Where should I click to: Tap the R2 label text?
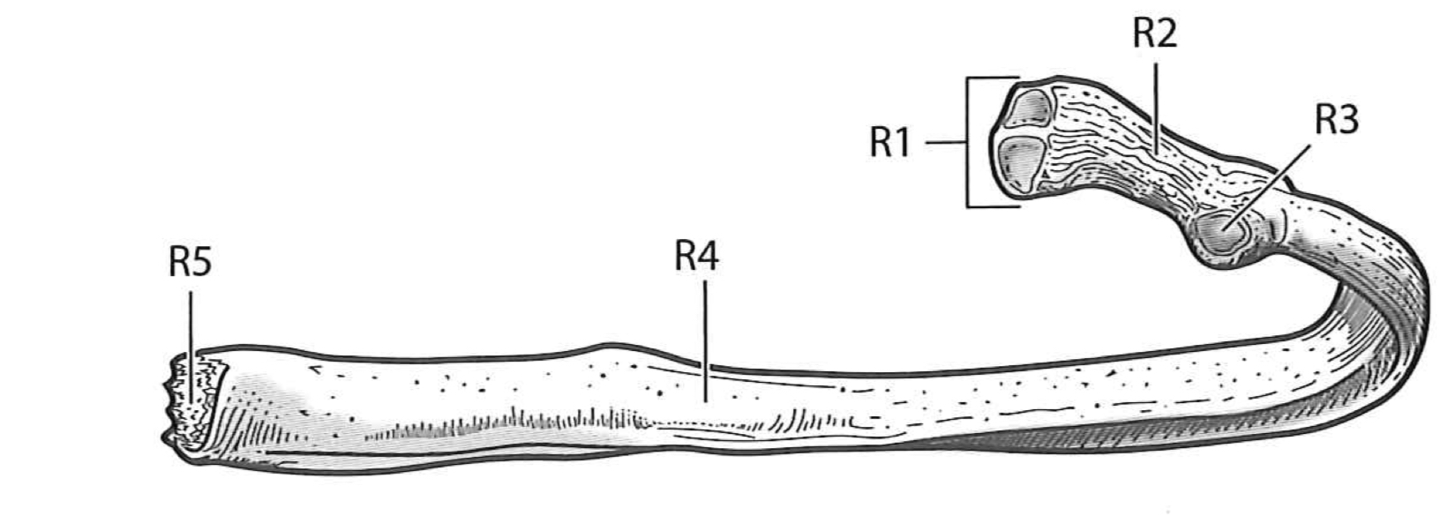point(1154,35)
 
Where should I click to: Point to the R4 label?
point(696,258)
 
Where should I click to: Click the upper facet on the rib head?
point(1029,108)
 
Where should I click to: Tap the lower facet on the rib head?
point(1022,161)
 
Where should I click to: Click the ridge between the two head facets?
point(1025,134)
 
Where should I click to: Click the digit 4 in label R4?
point(708,258)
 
